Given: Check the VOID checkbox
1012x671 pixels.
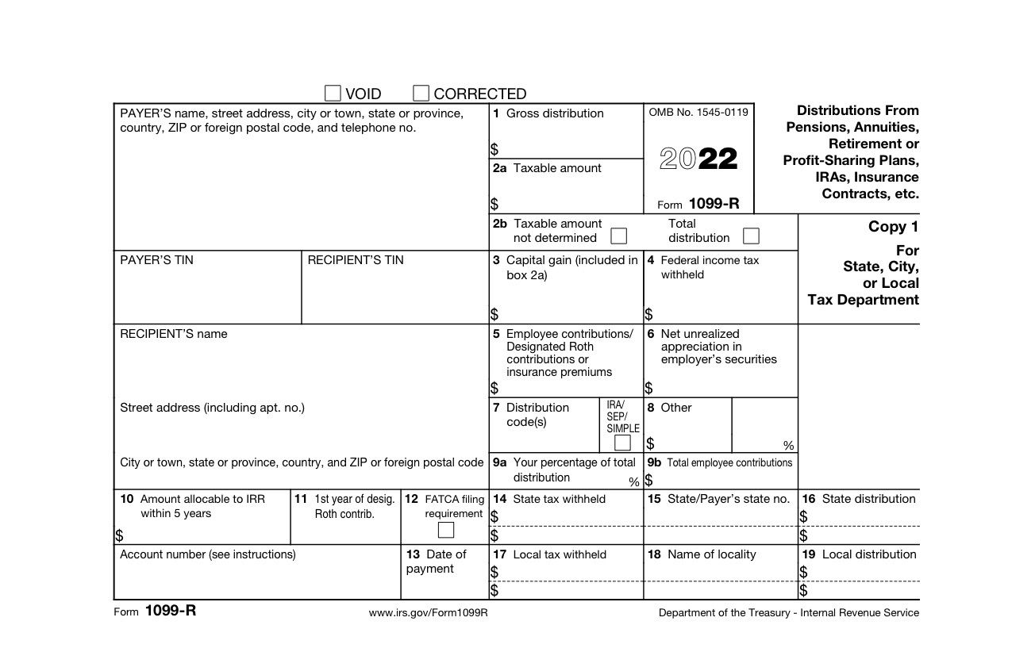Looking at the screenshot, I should pos(333,94).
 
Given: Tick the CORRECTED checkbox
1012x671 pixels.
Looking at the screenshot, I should pos(421,94).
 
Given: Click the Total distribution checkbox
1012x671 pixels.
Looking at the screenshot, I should pos(750,236).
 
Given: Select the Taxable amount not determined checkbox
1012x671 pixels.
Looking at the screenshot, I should pos(618,236).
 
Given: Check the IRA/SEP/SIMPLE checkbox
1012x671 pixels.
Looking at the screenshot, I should pos(622,443).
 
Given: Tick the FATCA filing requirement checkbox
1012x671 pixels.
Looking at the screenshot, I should pos(446,530).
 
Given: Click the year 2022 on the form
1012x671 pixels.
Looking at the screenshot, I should pos(698,159).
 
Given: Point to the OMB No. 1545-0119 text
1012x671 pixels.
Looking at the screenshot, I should pos(698,113).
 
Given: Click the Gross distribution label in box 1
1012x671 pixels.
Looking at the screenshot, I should pos(555,113).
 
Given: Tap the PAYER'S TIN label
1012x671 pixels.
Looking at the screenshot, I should pos(156,260).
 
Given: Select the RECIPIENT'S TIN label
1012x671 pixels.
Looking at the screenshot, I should pos(356,260).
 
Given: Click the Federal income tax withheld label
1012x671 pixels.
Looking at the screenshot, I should pos(710,267).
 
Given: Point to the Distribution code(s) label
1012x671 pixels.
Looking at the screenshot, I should pos(537,415).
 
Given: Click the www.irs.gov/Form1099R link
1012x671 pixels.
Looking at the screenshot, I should pos(428,613).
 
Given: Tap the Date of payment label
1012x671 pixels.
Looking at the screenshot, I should pos(437,562).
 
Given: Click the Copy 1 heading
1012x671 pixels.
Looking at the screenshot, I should pos(893,227).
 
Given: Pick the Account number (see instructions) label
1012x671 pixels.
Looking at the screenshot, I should pos(208,554).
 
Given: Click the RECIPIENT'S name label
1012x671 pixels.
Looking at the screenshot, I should pos(174,334).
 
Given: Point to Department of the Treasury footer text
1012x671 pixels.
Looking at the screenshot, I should pos(789,613).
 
